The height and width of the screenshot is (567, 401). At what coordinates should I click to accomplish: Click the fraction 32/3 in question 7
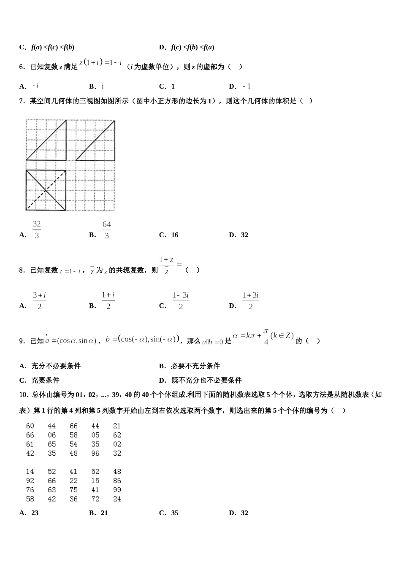[37, 230]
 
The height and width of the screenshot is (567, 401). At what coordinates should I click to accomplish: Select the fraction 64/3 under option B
[107, 230]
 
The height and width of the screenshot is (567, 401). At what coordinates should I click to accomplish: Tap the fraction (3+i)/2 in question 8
[39, 301]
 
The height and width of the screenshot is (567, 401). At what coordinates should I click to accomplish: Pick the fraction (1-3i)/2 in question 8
[180, 301]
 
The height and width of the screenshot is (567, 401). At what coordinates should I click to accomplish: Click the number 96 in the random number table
[95, 454]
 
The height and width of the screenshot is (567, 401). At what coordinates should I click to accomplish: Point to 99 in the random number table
[117, 490]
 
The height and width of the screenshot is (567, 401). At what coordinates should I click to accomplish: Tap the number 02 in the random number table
[117, 444]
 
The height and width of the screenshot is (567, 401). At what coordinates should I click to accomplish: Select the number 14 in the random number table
[30, 472]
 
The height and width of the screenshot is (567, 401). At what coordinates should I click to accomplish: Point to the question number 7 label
[22, 101]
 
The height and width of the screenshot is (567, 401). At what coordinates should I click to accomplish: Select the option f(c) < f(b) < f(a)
[192, 47]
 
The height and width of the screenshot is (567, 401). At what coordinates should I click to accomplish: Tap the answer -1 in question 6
[247, 86]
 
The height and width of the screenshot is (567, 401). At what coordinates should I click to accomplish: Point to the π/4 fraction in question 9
[266, 336]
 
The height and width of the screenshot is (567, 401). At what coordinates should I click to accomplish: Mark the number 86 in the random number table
[117, 481]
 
